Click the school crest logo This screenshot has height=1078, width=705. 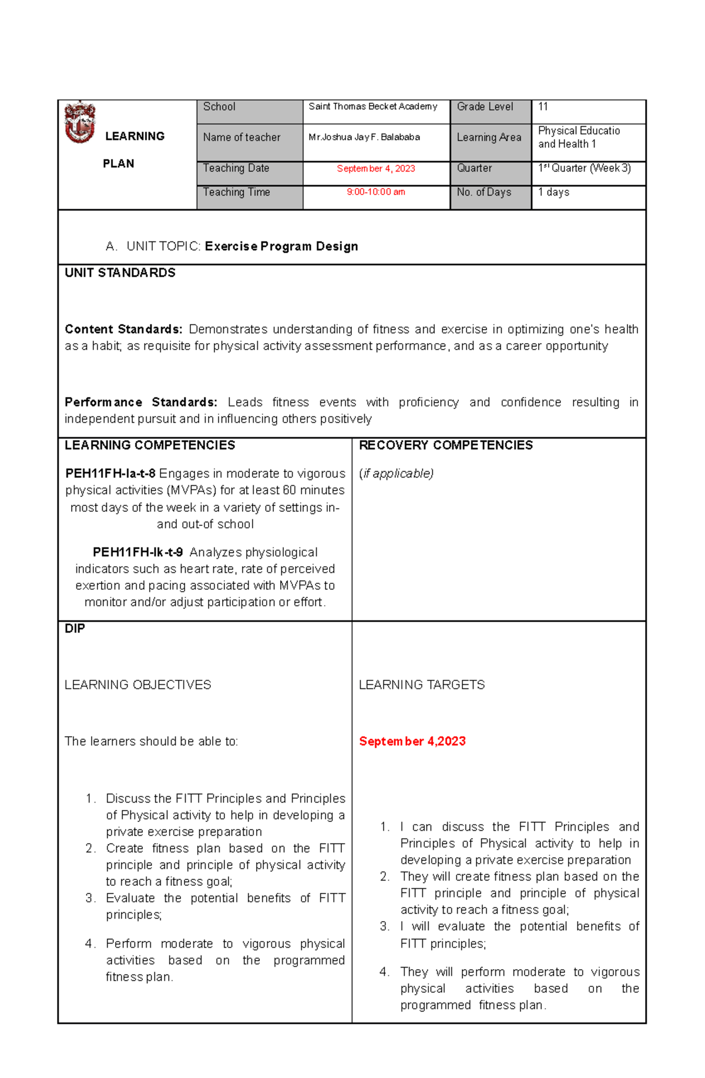point(79,122)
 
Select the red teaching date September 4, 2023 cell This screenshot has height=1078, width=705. point(376,169)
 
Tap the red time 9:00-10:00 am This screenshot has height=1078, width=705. point(376,192)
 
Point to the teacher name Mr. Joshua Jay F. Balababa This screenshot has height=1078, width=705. point(364,137)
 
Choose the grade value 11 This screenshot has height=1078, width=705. point(543,107)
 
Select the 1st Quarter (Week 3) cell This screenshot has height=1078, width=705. point(585,169)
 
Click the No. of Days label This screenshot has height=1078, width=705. point(484,192)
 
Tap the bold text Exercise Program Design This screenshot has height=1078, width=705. point(281,246)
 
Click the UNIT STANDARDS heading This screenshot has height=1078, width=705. point(120,273)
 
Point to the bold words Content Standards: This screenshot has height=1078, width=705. point(123,329)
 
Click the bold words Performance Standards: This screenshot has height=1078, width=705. point(140,402)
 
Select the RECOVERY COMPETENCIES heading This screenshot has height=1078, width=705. point(445,445)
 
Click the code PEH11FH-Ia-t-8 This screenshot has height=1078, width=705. point(110,473)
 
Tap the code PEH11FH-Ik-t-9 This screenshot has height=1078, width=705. point(137,552)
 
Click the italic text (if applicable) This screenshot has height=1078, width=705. point(397,473)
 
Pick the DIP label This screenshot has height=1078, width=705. point(75,629)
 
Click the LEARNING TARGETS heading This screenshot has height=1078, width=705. point(422,685)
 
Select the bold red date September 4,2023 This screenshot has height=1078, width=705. point(412,741)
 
